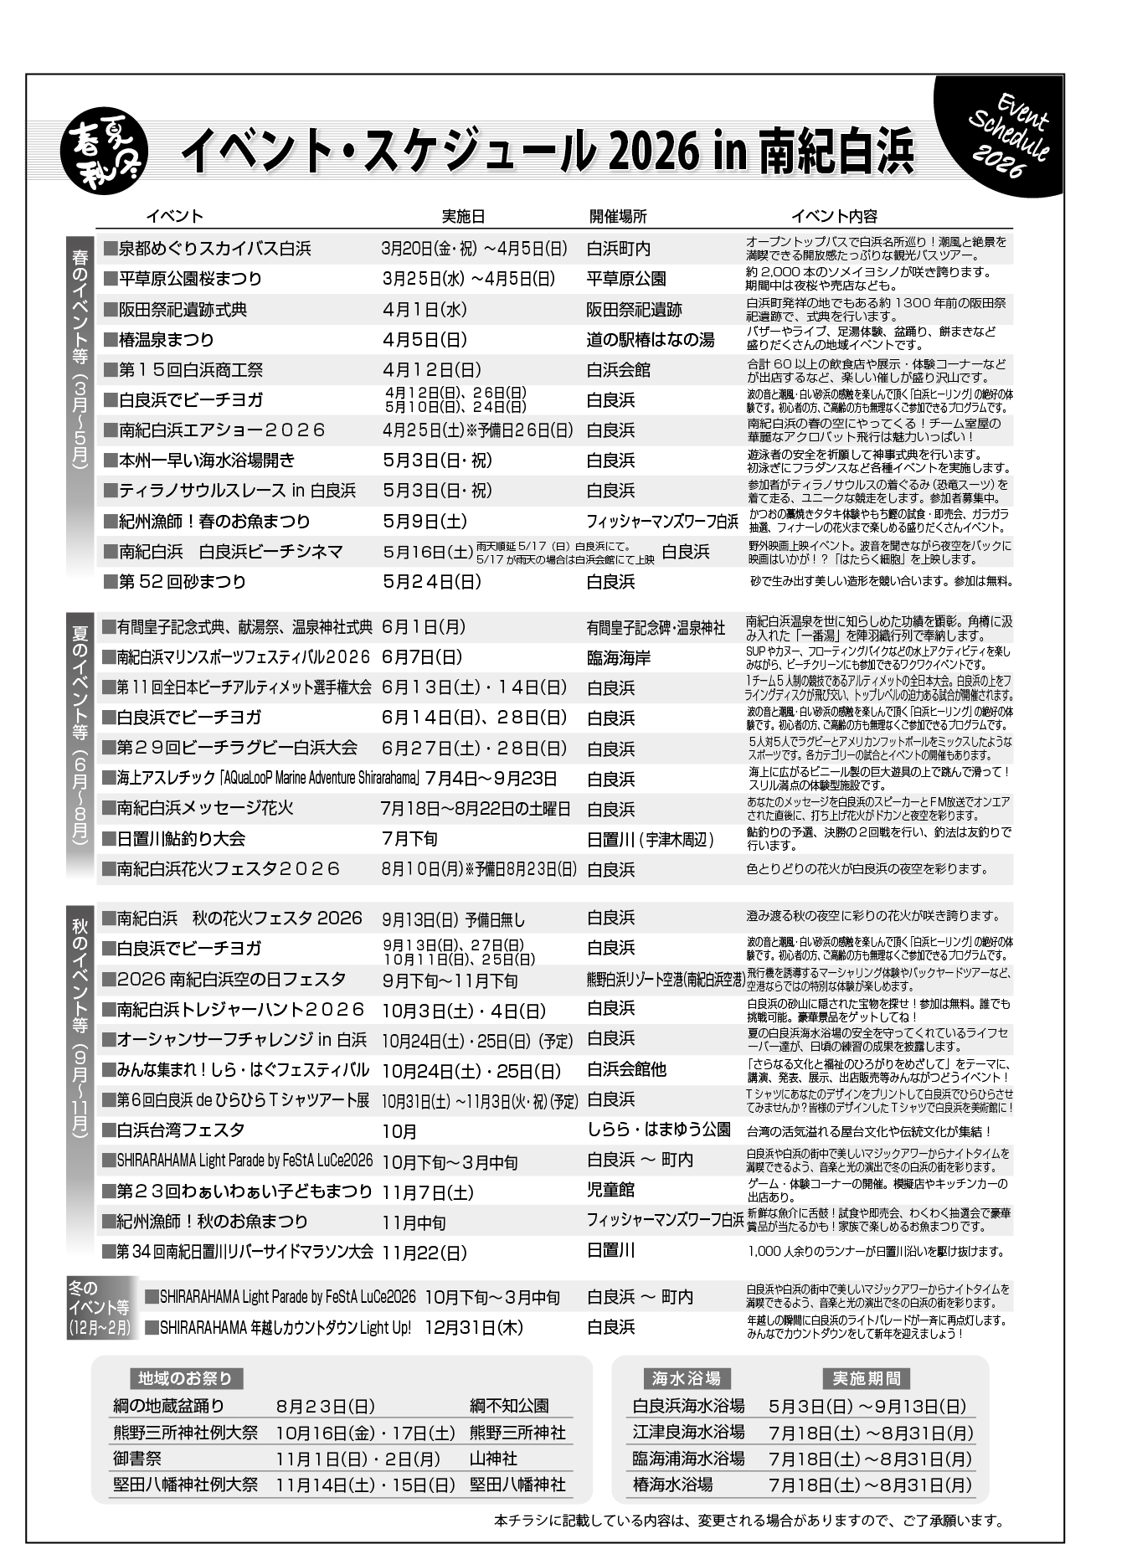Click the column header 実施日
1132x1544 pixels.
(463, 216)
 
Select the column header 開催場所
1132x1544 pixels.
(618, 216)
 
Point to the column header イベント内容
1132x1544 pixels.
(834, 216)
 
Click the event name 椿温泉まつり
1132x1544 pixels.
(167, 340)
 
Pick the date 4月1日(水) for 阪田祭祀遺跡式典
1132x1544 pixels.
(424, 310)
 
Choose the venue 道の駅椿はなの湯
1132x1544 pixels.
(651, 340)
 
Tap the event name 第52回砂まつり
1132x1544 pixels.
(183, 582)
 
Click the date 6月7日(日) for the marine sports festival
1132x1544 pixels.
(422, 657)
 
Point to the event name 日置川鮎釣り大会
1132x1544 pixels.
(182, 839)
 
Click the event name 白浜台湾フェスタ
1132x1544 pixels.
(181, 1130)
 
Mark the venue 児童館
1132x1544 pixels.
(611, 1190)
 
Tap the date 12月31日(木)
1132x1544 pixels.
(474, 1328)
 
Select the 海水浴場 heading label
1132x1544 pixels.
(686, 1378)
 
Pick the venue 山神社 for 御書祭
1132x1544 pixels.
(493, 1459)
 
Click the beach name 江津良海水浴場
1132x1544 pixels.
(688, 1433)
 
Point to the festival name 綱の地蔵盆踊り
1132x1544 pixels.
(168, 1406)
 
